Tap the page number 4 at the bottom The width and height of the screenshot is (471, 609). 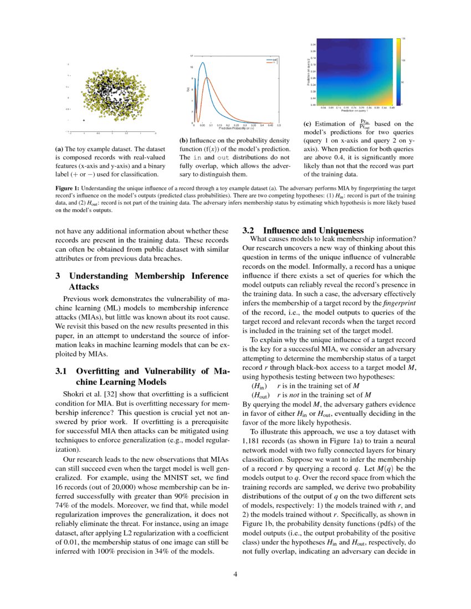point(235,574)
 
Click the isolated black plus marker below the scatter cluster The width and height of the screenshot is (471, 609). point(84,120)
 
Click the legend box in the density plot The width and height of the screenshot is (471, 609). point(272,61)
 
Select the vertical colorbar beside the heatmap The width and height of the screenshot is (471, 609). point(397,71)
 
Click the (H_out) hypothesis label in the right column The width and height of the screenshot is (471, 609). point(260,395)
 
